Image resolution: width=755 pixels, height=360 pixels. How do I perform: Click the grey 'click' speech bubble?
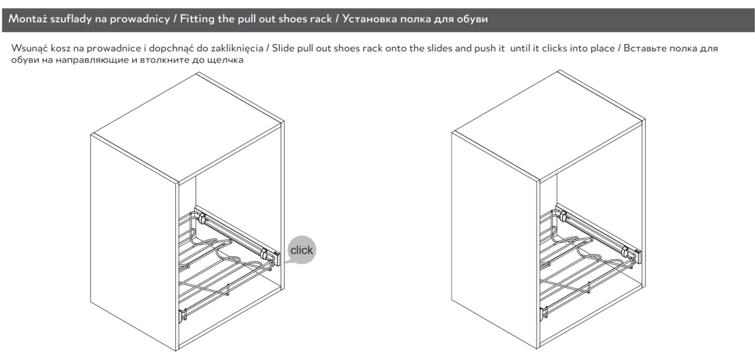point(302,250)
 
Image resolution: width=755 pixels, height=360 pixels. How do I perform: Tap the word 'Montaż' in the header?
point(27,19)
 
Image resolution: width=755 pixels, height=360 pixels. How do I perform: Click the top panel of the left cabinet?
point(188,128)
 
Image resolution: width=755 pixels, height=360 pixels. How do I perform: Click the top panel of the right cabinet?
point(548,126)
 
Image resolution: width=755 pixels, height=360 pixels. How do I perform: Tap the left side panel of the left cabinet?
point(134,243)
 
